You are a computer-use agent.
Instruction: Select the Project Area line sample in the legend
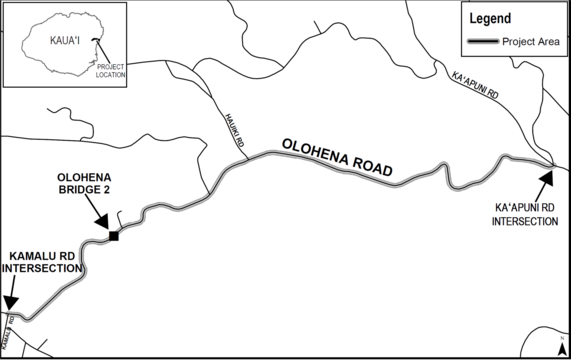[x=482, y=41]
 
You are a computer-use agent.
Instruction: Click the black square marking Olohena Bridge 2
[x=114, y=236]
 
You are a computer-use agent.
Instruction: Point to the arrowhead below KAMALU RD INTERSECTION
[x=9, y=308]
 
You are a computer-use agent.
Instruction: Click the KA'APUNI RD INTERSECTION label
[x=525, y=215]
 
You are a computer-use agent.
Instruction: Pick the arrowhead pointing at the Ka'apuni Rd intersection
[x=546, y=177]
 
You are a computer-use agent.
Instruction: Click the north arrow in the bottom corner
[x=562, y=346]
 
